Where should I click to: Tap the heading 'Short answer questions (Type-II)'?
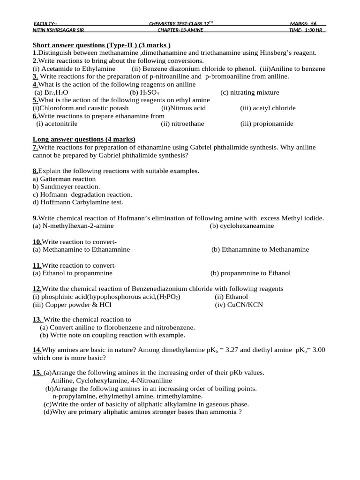pyautogui.click(x=102, y=45)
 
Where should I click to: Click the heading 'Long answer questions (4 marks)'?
pyautogui.click(x=84, y=139)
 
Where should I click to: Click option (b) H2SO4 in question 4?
pyautogui.click(x=145, y=92)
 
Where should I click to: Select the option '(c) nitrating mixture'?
pyautogui.click(x=249, y=92)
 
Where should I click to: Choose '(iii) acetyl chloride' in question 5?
pyautogui.click(x=268, y=108)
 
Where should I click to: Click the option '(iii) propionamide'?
pyautogui.click(x=267, y=124)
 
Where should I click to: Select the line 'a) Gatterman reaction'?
pyautogui.click(x=64, y=179)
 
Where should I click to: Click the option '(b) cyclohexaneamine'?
pyautogui.click(x=242, y=226)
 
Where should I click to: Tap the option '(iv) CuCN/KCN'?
pyautogui.click(x=239, y=305)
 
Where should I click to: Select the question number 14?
pyautogui.click(x=37, y=350)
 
